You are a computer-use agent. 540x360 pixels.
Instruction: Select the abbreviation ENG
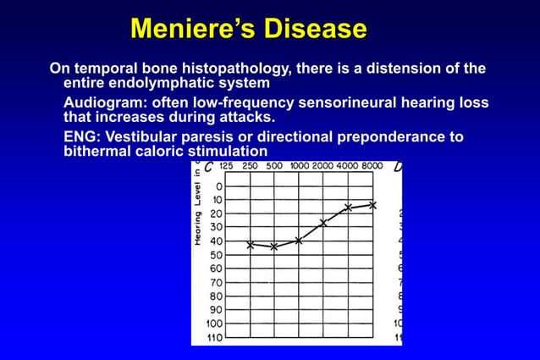click(80, 137)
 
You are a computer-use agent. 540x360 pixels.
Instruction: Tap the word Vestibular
click(145, 137)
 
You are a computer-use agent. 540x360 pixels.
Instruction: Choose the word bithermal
click(98, 152)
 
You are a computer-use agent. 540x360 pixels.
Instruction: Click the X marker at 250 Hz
click(251, 245)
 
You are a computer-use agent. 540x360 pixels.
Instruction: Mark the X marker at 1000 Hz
click(299, 241)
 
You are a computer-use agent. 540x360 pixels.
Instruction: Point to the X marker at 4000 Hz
click(348, 208)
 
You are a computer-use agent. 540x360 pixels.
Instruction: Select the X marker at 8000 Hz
click(372, 205)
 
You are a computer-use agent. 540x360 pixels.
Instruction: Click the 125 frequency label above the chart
click(226, 167)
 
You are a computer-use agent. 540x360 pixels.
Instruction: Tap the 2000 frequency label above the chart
click(322, 167)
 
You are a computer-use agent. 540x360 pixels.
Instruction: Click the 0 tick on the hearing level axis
click(219, 186)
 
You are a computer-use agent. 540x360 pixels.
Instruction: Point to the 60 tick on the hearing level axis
click(215, 269)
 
